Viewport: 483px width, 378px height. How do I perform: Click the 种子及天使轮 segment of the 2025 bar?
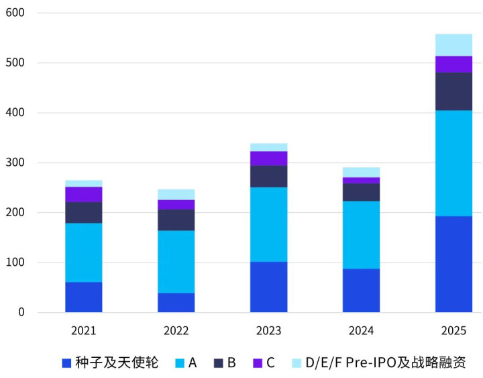tap(453, 264)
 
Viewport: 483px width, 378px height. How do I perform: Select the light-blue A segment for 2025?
tap(453, 163)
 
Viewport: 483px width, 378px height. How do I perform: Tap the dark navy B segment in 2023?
tap(268, 176)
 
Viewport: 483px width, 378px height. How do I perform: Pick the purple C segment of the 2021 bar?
tap(84, 194)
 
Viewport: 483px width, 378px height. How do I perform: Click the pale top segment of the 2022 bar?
tap(176, 194)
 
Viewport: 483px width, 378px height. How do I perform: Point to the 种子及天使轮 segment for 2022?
tap(176, 302)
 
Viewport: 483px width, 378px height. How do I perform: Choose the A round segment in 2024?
tap(361, 234)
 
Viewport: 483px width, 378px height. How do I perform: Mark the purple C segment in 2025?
tap(453, 64)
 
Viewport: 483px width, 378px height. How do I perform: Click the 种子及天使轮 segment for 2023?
tap(268, 287)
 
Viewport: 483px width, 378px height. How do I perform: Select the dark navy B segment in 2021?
tap(84, 212)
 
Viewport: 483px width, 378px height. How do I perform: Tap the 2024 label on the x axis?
tap(361, 331)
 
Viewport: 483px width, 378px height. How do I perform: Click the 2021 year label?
tap(84, 331)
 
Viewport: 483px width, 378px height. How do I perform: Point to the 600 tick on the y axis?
tap(15, 13)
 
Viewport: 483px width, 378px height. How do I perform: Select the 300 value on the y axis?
tap(15, 162)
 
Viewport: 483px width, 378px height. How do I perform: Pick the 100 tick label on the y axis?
tap(15, 263)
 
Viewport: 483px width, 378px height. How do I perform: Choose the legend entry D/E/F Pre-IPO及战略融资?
tap(385, 363)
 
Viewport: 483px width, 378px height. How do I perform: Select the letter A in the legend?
tap(193, 363)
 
